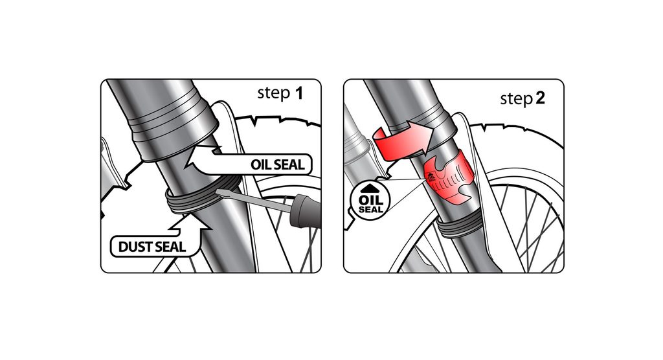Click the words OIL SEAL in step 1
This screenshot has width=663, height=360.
coord(277,164)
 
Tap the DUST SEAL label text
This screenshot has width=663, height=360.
coord(152,247)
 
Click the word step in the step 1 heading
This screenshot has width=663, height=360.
coord(274,93)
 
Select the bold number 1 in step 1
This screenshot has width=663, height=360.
coord(299,93)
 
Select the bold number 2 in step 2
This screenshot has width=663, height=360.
coord(540,98)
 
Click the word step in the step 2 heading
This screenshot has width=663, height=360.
coord(516,100)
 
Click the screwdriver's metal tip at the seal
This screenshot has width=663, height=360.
coord(220,193)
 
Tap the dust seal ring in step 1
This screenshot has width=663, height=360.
coord(203,196)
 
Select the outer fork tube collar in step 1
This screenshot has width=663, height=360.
coord(174,127)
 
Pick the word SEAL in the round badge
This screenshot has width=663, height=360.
coord(370,209)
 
